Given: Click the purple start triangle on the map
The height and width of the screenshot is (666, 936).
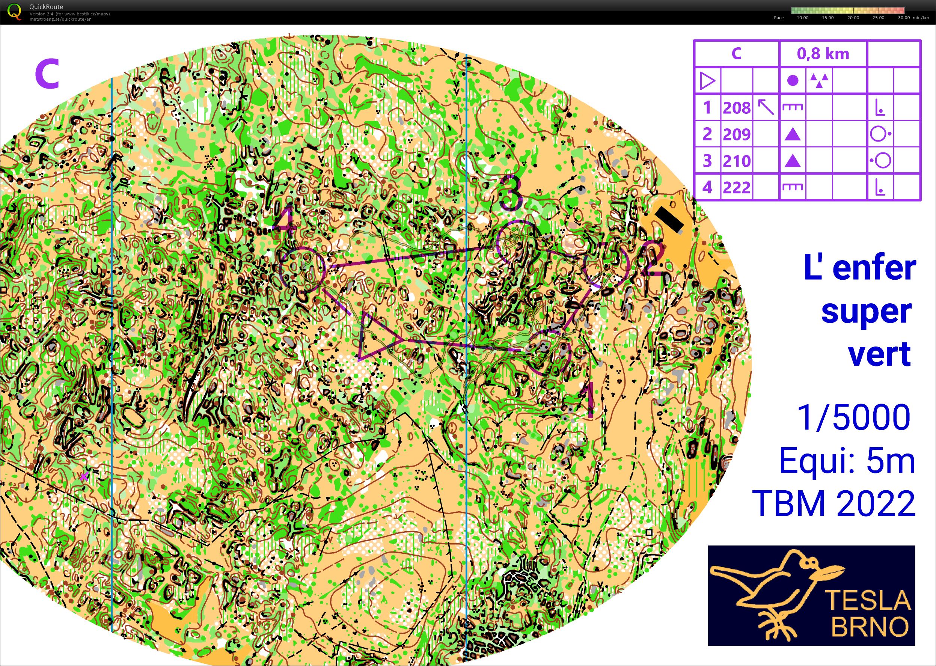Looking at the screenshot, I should pyautogui.click(x=377, y=336).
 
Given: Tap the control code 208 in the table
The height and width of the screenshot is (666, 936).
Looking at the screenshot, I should pyautogui.click(x=737, y=108).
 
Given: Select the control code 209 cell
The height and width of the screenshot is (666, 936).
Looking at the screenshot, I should pyautogui.click(x=737, y=134).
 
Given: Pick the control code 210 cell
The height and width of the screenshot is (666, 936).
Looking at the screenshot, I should pyautogui.click(x=737, y=161).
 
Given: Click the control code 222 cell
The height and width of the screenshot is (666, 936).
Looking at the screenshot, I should pyautogui.click(x=737, y=187).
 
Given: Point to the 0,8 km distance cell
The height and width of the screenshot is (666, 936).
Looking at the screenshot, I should pyautogui.click(x=823, y=54).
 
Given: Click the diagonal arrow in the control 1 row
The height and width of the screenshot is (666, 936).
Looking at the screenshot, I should pyautogui.click(x=766, y=107).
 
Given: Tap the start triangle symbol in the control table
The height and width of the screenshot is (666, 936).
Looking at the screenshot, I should pyautogui.click(x=707, y=81).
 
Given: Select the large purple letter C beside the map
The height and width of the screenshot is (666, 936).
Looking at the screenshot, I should pyautogui.click(x=47, y=74).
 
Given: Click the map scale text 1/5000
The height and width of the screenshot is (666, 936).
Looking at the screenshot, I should pyautogui.click(x=853, y=417).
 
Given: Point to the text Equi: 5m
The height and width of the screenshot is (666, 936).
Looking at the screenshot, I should pyautogui.click(x=847, y=461).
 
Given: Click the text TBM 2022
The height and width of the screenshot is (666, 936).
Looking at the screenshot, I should pyautogui.click(x=834, y=503).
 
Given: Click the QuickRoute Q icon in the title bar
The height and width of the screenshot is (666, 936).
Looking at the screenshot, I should pyautogui.click(x=14, y=12).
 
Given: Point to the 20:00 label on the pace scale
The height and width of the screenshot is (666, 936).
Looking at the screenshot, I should pyautogui.click(x=853, y=18).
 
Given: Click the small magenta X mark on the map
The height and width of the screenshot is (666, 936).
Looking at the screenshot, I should pyautogui.click(x=84, y=476).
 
